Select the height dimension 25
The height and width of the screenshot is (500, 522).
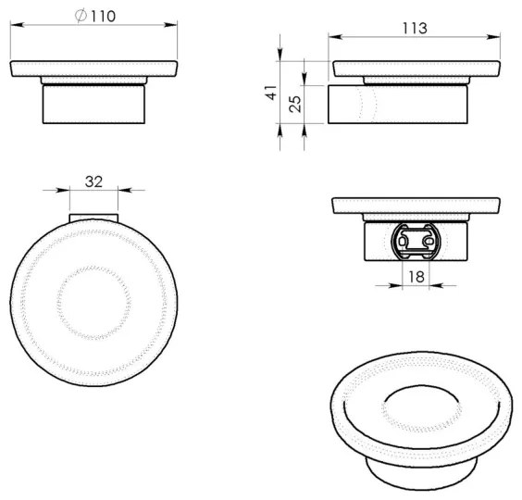[296, 104]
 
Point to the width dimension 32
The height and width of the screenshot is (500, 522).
[93, 181]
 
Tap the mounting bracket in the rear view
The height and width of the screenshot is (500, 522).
[414, 242]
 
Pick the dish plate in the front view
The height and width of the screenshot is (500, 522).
[93, 71]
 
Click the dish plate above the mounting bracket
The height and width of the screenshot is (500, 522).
[414, 206]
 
